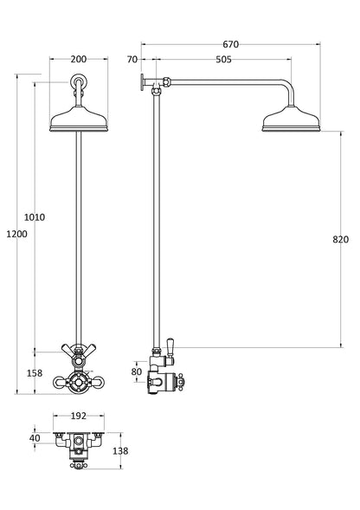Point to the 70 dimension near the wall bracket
(132, 60)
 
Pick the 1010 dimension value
(35, 217)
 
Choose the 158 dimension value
(35, 374)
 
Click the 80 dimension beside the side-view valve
(136, 372)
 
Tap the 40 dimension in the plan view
(35, 437)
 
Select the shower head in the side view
(289, 119)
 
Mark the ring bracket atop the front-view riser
(80, 83)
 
